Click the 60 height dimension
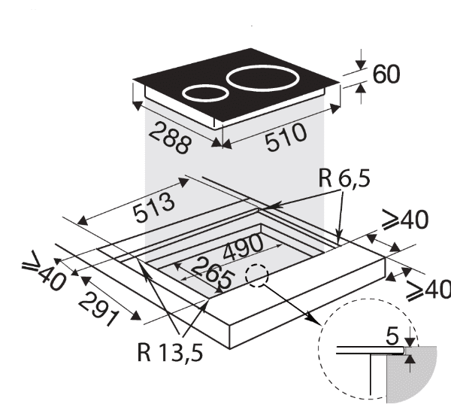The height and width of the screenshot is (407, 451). (386, 75)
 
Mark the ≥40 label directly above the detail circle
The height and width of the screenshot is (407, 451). (426, 290)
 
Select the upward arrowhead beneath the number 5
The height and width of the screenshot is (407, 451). (410, 360)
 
